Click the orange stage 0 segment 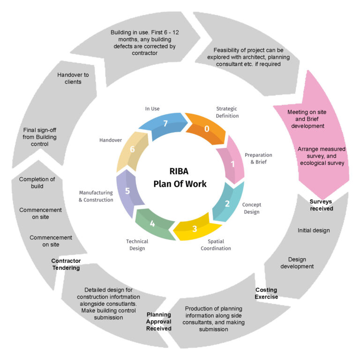[206, 127]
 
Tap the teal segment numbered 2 [227, 203]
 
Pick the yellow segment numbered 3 [195, 229]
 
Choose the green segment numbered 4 [152, 223]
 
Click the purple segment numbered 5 [127, 191]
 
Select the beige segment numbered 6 [132, 149]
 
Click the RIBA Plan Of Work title [180, 178]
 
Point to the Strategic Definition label [227, 112]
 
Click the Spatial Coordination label [216, 245]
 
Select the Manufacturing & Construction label [96, 196]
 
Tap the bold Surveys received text [321, 205]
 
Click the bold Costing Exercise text [266, 293]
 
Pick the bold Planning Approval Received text [158, 321]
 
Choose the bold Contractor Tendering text [66, 264]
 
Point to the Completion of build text [37, 182]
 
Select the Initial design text [314, 230]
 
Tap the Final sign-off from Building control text [43, 137]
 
